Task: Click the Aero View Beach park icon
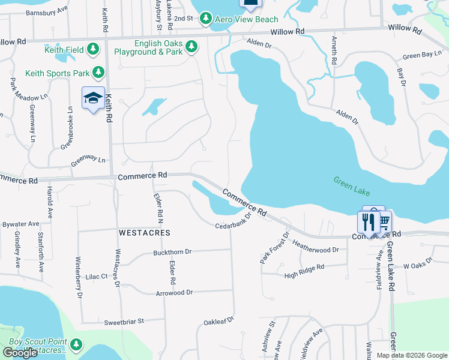[x=206, y=19]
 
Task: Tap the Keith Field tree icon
[x=93, y=49]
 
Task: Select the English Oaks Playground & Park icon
[x=191, y=46]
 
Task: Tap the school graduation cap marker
[x=93, y=98]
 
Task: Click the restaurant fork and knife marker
[x=367, y=221]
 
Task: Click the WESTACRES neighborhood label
[x=145, y=232]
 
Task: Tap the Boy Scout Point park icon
[x=76, y=344]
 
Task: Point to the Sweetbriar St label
[x=124, y=321]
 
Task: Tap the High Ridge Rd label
[x=304, y=271]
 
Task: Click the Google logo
[x=20, y=353]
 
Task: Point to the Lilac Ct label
[x=95, y=276]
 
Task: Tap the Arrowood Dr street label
[x=173, y=292]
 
